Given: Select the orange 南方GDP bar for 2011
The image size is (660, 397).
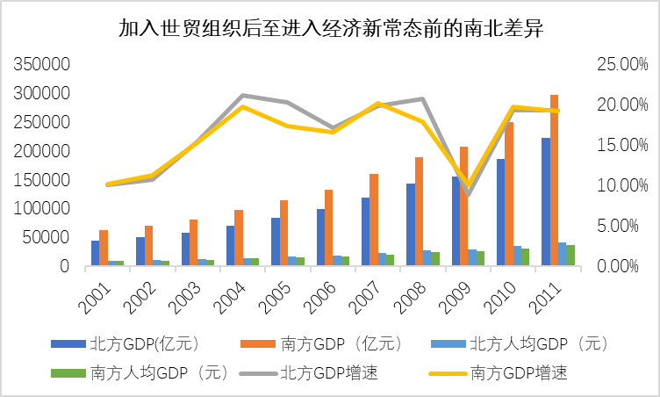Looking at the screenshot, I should [554, 180].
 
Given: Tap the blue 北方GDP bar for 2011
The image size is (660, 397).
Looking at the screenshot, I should [544, 202].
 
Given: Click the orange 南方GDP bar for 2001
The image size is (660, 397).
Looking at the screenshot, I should [104, 248].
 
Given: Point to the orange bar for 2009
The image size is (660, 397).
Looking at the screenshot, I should [463, 206].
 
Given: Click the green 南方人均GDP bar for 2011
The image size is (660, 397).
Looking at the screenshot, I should [570, 256].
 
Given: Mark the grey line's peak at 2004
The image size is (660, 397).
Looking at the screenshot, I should [242, 95].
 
